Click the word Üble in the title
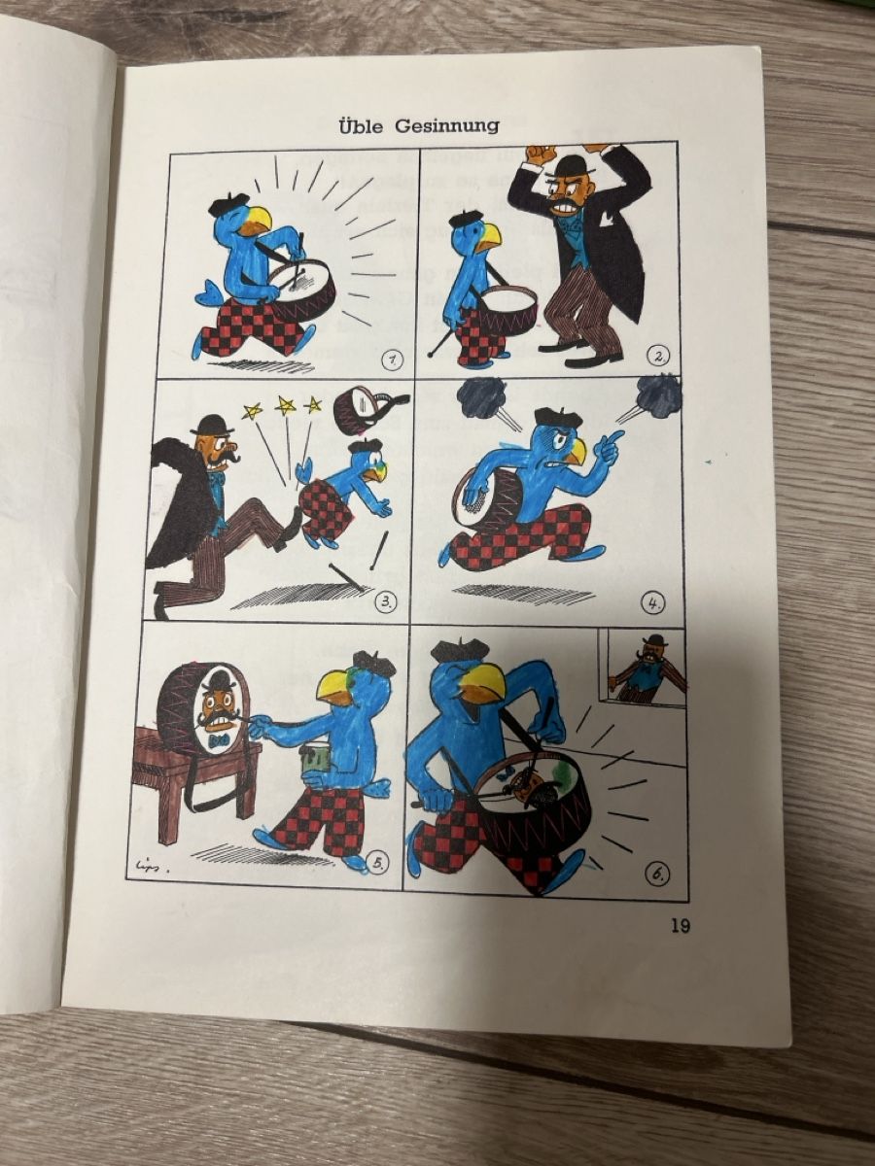[361, 127]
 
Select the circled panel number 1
[392, 360]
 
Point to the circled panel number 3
[386, 601]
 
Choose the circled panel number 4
[654, 603]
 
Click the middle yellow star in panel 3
[285, 406]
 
